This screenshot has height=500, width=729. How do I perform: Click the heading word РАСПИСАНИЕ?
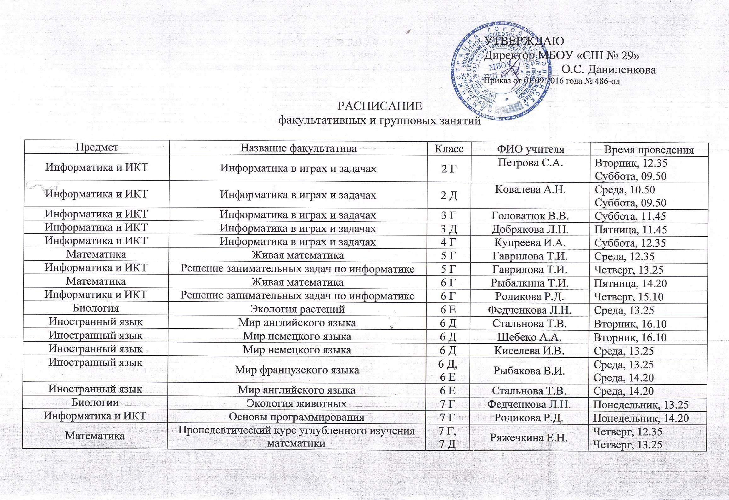click(379, 106)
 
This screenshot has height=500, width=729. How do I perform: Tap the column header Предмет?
click(97, 147)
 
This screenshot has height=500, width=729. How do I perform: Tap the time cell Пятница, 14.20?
click(630, 283)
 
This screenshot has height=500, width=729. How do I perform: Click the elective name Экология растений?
click(297, 309)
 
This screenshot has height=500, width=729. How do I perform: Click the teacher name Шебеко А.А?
click(529, 337)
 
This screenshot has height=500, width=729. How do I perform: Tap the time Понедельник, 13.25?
click(641, 405)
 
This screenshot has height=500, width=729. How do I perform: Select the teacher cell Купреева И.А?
click(530, 242)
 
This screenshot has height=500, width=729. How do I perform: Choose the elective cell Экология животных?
click(297, 403)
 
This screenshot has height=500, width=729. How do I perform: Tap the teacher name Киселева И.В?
click(530, 350)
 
